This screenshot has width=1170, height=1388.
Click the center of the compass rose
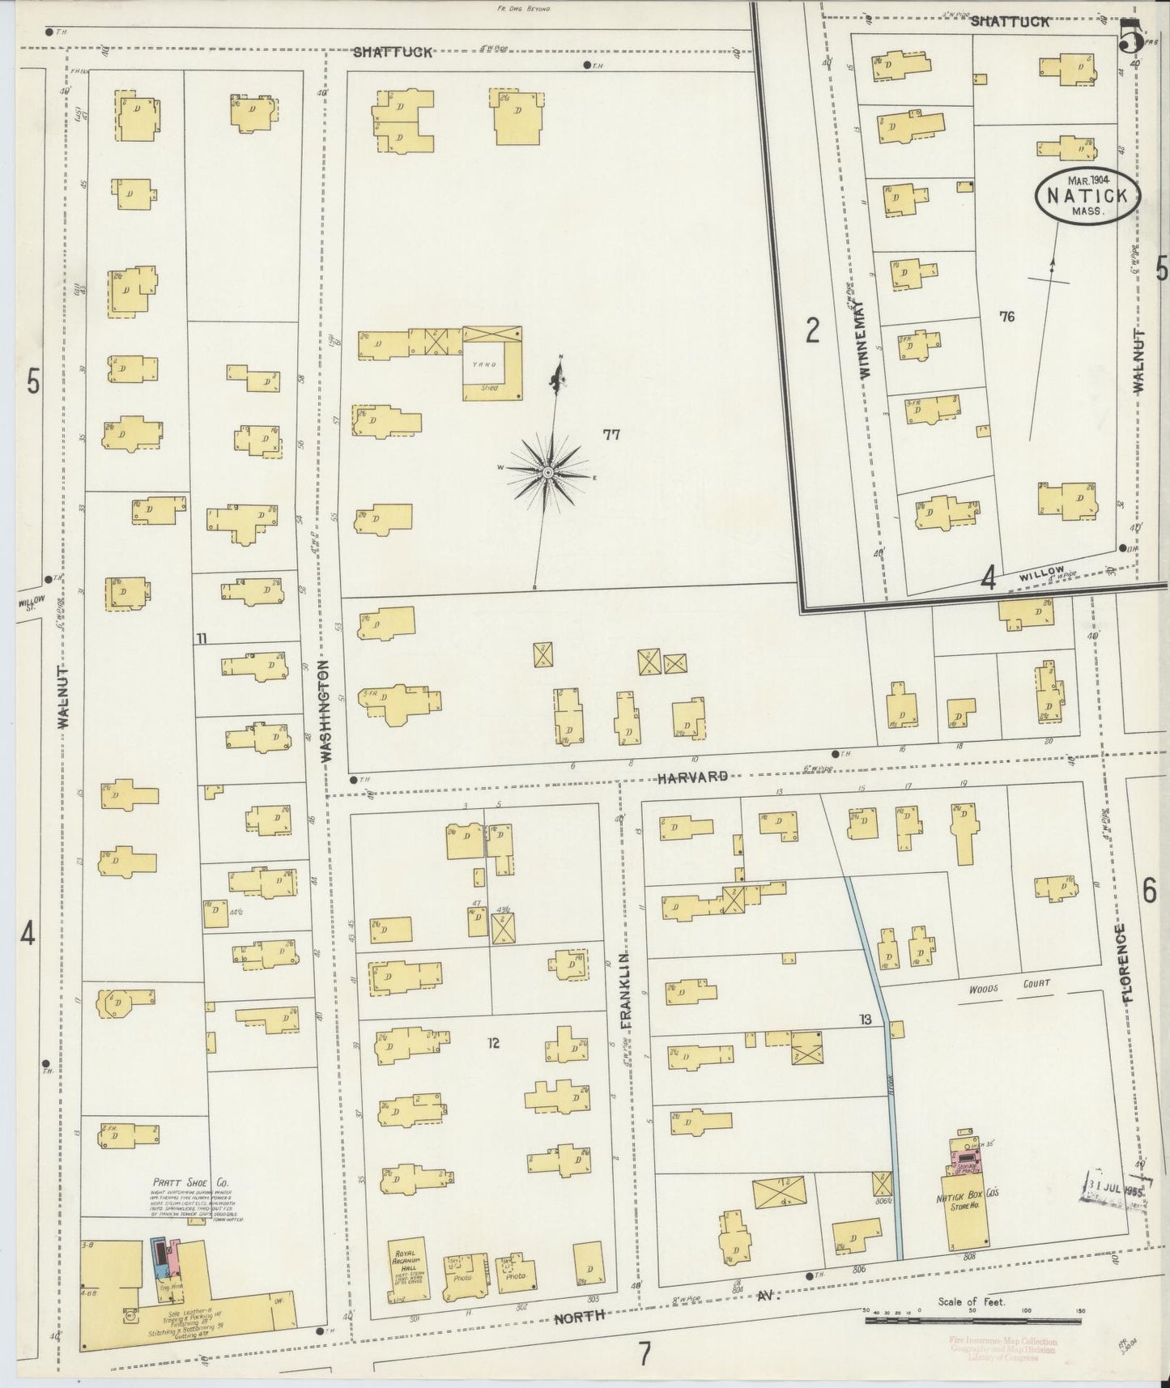pos(547,471)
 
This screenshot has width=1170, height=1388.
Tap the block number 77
pos(611,435)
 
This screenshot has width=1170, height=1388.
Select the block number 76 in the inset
pos(1006,317)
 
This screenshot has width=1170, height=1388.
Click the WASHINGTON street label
pos(325,710)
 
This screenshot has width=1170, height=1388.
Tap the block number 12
pos(493,1043)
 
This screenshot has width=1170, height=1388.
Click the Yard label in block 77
pos(490,364)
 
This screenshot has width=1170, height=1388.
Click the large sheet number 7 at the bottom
pos(644,1355)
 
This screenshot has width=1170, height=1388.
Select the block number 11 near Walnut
pos(201,639)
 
